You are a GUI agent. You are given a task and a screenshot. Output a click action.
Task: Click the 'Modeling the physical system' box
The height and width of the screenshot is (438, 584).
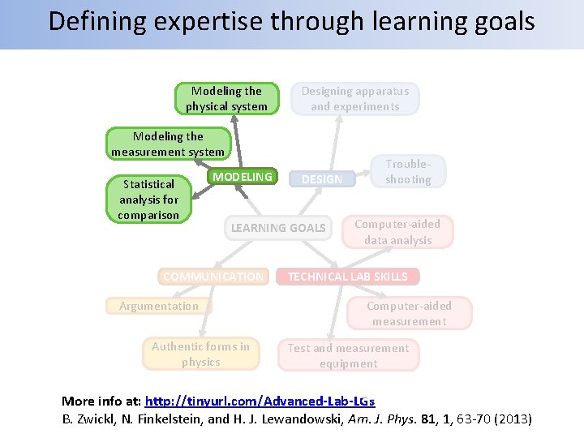point(226,99)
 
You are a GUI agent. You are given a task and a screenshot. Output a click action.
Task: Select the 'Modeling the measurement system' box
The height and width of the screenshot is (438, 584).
point(168,144)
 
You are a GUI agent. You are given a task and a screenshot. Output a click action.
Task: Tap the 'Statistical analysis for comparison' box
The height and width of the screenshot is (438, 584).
point(148,200)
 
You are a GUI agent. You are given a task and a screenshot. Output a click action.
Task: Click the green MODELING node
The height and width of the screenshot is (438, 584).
point(243,177)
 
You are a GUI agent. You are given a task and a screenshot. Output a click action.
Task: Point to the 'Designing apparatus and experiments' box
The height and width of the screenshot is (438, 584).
point(355,99)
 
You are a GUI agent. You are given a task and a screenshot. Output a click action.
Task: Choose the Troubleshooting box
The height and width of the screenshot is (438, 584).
point(408,171)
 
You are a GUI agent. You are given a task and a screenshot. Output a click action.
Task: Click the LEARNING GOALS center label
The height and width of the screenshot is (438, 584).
point(278,228)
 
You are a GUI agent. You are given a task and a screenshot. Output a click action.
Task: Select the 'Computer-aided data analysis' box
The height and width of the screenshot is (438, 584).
point(397,232)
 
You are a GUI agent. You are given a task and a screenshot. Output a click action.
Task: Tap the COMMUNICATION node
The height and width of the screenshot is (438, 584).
point(213,277)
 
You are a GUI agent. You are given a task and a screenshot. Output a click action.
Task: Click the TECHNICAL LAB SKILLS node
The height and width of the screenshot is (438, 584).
point(348,277)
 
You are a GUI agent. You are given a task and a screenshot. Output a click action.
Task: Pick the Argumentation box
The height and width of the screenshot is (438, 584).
point(159,306)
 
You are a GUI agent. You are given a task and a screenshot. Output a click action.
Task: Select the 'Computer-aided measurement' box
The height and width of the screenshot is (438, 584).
point(409,314)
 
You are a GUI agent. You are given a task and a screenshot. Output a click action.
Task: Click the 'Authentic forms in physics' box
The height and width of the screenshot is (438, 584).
point(201,354)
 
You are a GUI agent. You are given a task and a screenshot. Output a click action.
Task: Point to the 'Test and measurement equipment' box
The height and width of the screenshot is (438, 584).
point(348,355)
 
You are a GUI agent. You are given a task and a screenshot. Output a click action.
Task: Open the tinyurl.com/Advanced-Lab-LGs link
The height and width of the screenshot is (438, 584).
point(260,401)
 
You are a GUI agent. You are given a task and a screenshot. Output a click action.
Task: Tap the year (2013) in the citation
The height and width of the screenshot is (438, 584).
point(512,419)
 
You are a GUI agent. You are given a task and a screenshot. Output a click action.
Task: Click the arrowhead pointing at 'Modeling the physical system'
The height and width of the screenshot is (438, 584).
point(234,118)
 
